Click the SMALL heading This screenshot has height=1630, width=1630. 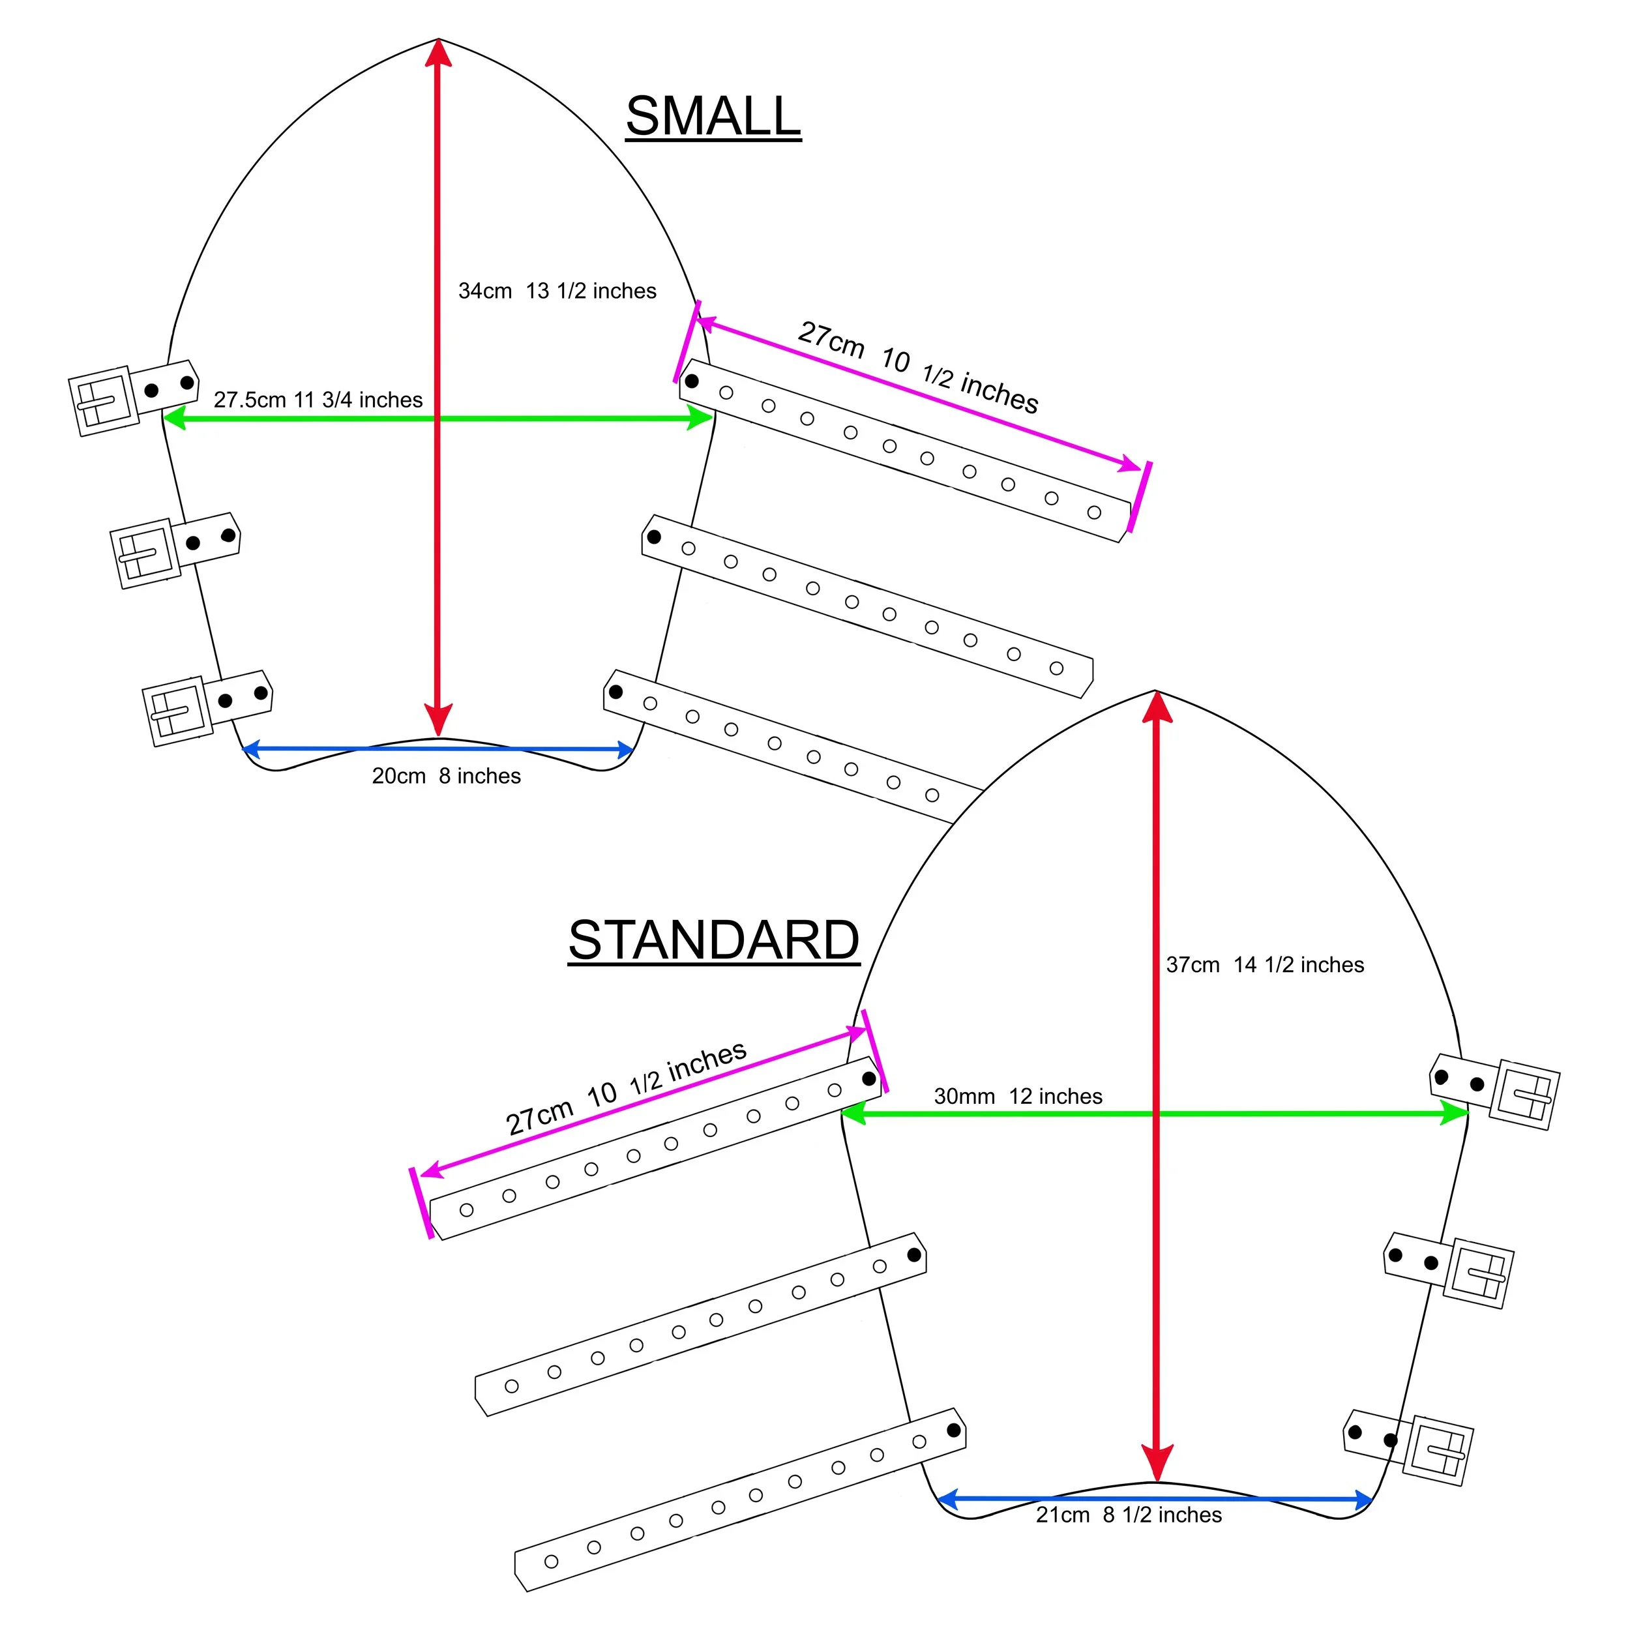tap(713, 117)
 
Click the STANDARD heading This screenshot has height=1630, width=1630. tap(714, 940)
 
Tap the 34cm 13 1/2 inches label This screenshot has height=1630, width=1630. tap(557, 291)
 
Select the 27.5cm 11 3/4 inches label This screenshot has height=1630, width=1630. tap(318, 400)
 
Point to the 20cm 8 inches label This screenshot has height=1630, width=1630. tap(447, 776)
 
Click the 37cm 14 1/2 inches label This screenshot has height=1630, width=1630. tap(1265, 965)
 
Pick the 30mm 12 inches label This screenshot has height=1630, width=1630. tap(1018, 1097)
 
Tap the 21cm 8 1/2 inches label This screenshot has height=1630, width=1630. tap(1129, 1515)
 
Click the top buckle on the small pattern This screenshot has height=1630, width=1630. tap(103, 402)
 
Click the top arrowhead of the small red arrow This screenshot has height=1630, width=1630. tap(438, 52)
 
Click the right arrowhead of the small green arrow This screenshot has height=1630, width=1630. tap(700, 418)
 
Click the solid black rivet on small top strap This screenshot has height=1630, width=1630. tap(692, 381)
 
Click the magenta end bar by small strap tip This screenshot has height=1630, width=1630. tap(1140, 497)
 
